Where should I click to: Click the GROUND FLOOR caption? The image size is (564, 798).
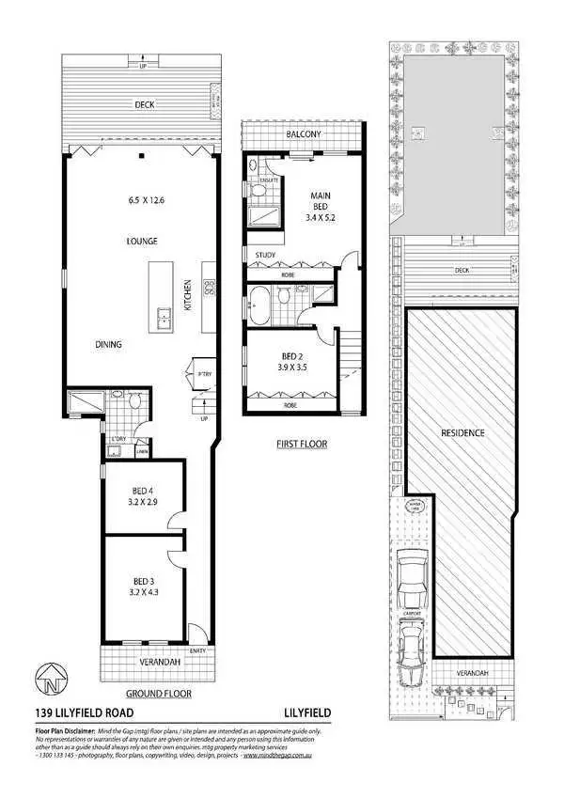[147, 694]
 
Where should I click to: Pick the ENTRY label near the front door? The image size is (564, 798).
[196, 650]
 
